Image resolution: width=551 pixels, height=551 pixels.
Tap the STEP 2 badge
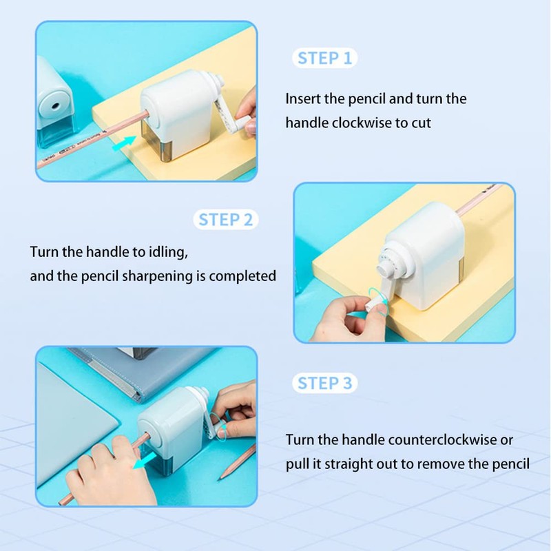point(227,220)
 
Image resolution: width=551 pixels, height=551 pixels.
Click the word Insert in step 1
point(304,98)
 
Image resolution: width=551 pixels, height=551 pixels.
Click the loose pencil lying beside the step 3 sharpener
point(238,462)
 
